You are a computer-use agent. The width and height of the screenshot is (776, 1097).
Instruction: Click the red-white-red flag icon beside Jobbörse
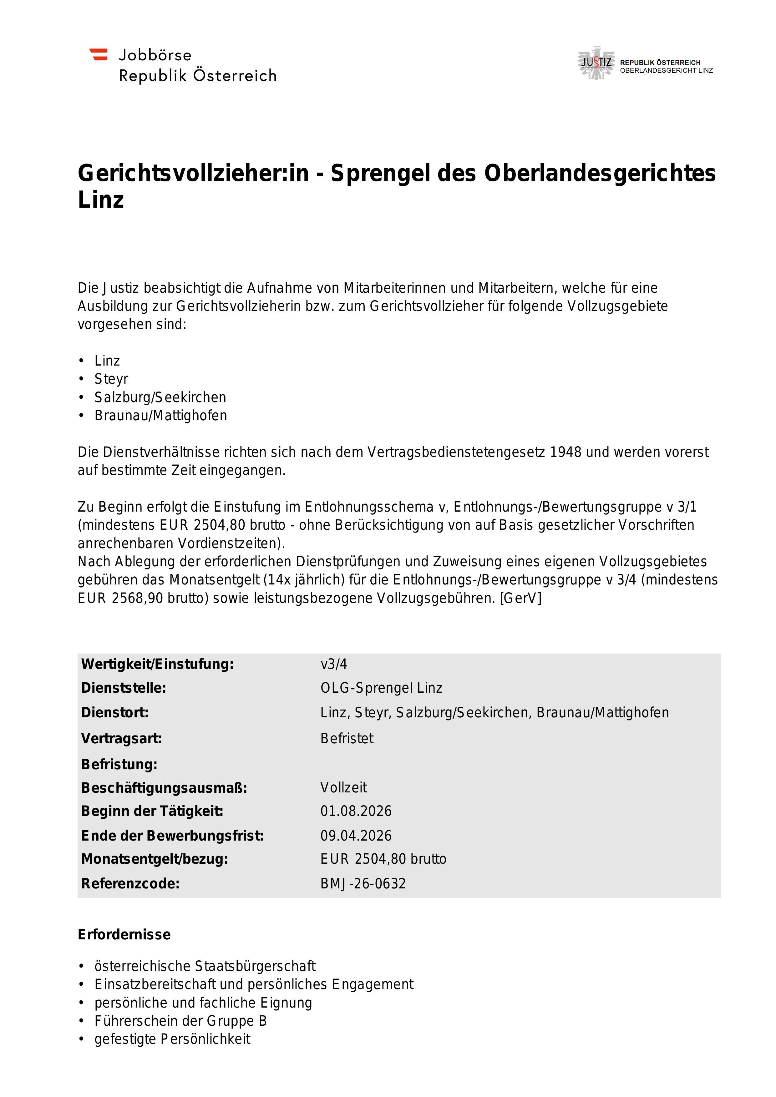pyautogui.click(x=99, y=54)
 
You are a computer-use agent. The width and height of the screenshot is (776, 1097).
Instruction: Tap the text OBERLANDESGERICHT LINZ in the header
pyautogui.click(x=666, y=71)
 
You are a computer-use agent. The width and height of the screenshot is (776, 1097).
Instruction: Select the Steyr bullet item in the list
pyautogui.click(x=111, y=379)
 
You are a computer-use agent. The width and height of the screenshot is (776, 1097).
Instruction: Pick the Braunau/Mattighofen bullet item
pyautogui.click(x=160, y=416)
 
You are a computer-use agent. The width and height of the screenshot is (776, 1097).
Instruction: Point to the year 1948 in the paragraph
pyautogui.click(x=566, y=452)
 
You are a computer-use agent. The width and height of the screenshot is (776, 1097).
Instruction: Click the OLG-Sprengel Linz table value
pyautogui.click(x=381, y=688)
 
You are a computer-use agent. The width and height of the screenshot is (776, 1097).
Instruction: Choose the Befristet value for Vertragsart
pyautogui.click(x=347, y=739)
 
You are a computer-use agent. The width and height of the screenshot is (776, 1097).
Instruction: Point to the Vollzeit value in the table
pyautogui.click(x=343, y=787)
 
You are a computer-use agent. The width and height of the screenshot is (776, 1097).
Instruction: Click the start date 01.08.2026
pyautogui.click(x=356, y=811)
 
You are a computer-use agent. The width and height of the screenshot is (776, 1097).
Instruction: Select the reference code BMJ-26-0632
pyautogui.click(x=363, y=884)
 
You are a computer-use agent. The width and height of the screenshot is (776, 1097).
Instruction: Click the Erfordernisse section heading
pyautogui.click(x=124, y=935)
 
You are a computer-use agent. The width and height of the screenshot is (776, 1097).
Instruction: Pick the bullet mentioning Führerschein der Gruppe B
pyautogui.click(x=180, y=1021)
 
